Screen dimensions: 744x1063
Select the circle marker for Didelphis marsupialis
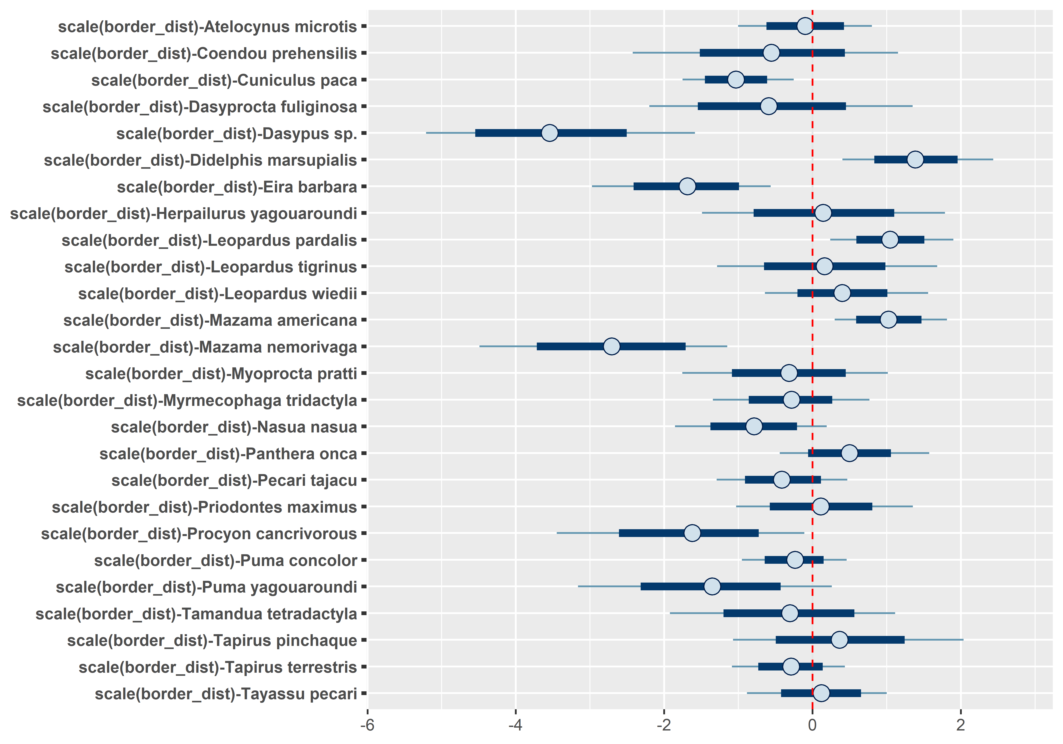tap(915, 159)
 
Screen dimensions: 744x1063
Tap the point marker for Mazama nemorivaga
tap(612, 346)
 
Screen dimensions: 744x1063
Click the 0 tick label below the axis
tap(812, 725)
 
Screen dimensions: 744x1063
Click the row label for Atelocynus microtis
tap(208, 27)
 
